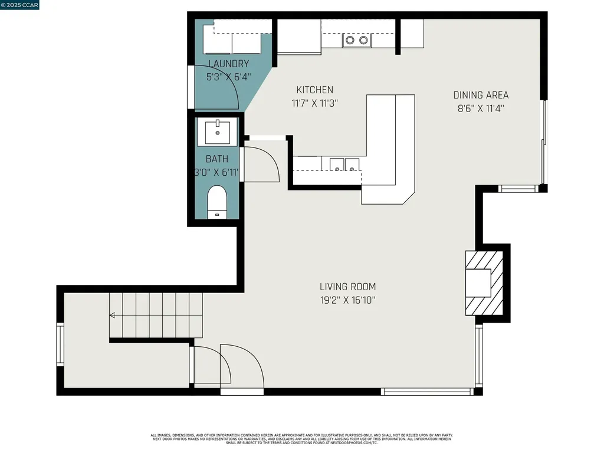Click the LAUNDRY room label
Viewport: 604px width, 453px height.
point(228,64)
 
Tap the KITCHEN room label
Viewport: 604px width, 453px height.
point(314,90)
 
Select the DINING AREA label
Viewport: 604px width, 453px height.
point(480,95)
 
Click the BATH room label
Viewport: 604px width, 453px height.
point(216,159)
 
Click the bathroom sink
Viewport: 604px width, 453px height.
point(220,132)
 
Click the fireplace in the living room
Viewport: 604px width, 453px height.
point(484,283)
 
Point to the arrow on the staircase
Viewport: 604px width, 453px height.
point(113,316)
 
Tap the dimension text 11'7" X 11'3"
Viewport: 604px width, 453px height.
point(314,103)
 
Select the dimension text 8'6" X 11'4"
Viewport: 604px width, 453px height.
point(480,108)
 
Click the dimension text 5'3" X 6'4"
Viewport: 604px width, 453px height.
point(228,77)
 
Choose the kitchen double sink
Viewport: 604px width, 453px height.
point(344,164)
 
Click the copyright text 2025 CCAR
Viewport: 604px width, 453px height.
point(20,5)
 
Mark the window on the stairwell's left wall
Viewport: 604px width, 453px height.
point(60,344)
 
